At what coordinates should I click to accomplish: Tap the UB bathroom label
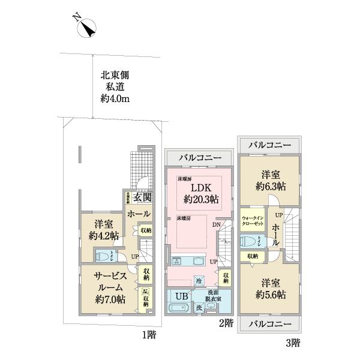click(181, 295)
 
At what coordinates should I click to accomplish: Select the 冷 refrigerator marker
click(199, 281)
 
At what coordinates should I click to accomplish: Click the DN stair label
click(216, 225)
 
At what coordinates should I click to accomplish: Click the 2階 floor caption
click(226, 323)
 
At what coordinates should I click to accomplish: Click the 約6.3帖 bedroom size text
click(268, 185)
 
